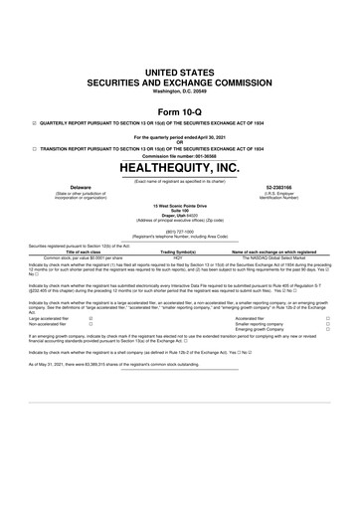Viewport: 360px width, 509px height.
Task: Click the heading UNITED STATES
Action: coord(180,74)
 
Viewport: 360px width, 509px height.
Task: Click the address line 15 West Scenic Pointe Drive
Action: coord(180,206)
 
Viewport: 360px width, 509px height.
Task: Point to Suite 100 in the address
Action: coord(180,211)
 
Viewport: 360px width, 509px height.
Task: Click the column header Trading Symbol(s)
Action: coord(180,253)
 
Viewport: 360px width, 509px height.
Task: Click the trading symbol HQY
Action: coord(180,258)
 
